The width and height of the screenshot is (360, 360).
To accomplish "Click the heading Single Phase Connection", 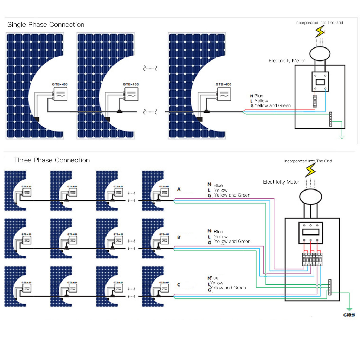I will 46,25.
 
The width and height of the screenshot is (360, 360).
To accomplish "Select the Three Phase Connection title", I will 52,160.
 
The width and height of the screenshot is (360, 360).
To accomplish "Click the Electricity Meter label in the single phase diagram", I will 287,61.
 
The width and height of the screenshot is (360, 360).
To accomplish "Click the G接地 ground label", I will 349,315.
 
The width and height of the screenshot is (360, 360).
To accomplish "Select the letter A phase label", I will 179,189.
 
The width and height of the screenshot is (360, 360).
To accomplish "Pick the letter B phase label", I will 179,237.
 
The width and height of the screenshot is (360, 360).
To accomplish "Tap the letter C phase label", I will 179,284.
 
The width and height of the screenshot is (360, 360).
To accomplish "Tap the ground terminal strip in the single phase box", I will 330,119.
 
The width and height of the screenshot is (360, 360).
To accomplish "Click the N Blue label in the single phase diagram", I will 257,96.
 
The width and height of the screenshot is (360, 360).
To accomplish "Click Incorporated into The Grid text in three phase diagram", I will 308,161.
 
